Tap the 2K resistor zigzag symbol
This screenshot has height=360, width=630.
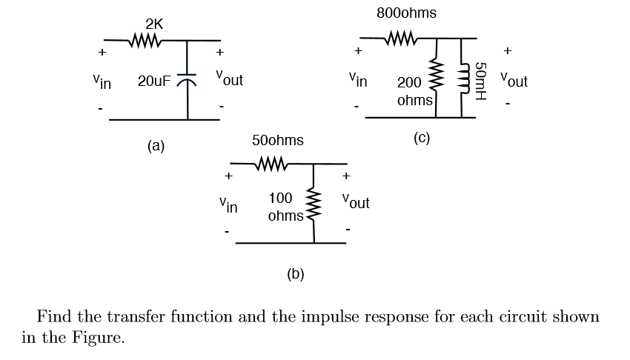(145, 39)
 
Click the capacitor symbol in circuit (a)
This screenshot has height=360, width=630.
(188, 79)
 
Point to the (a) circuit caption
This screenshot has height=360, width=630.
(156, 146)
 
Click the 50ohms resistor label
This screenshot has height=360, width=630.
(277, 140)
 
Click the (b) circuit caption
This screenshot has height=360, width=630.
(295, 274)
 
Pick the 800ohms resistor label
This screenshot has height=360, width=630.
(406, 13)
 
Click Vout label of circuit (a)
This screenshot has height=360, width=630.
(229, 78)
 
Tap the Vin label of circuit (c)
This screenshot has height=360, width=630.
(358, 78)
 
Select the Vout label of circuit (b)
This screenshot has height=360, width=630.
(356, 201)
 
